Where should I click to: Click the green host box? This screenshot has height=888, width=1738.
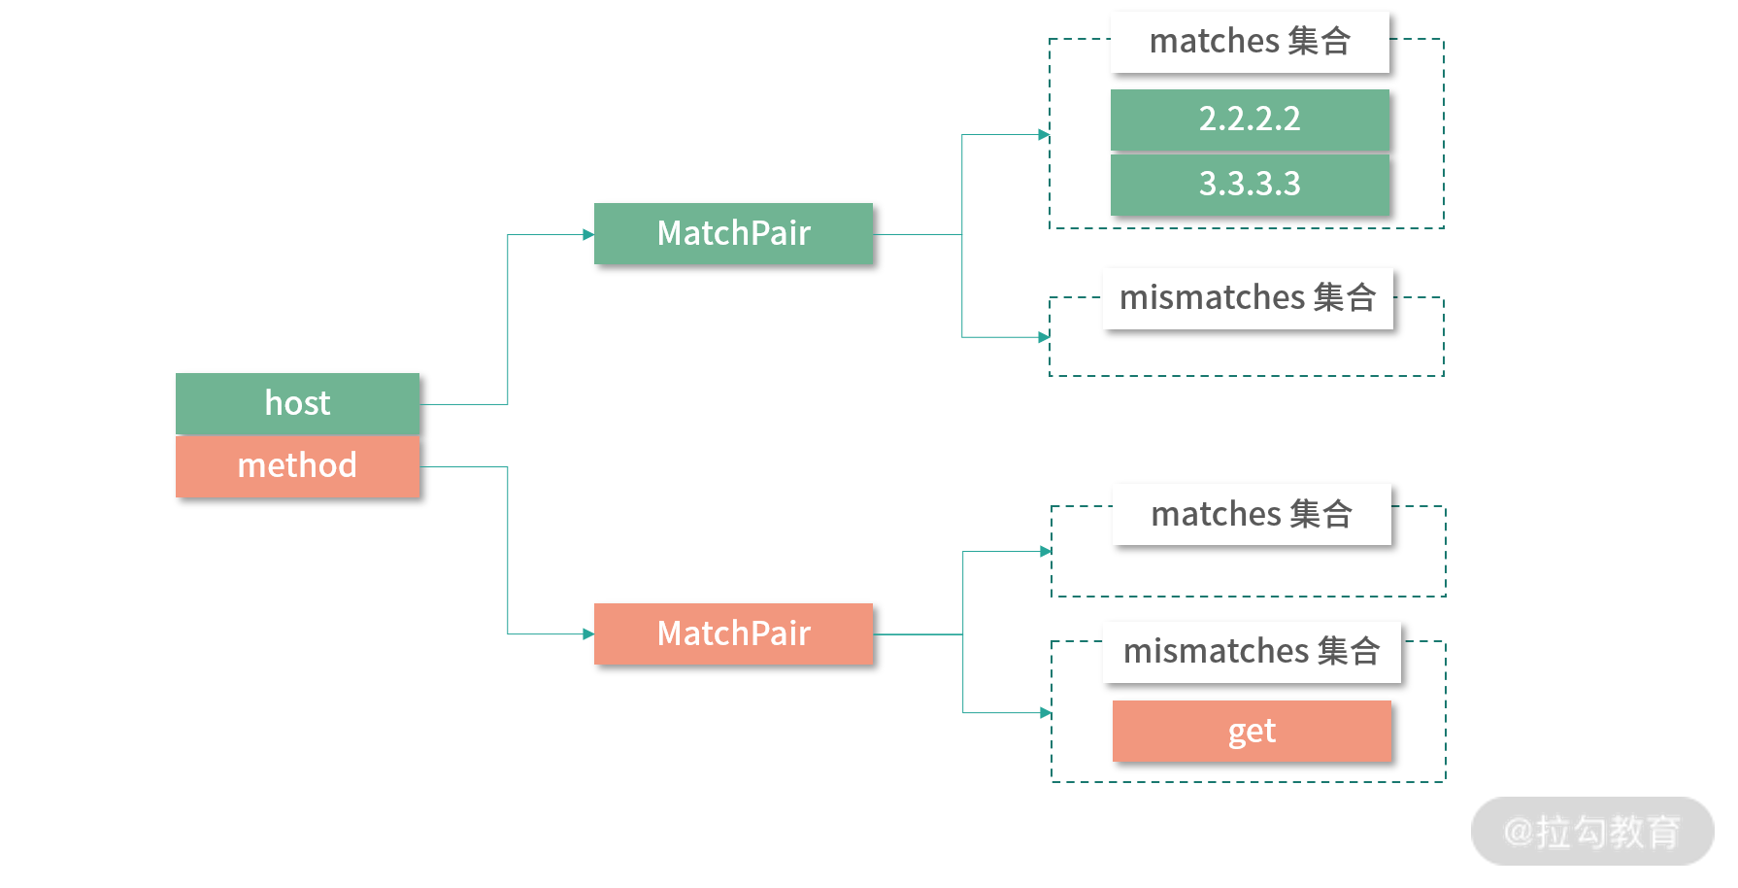tap(297, 403)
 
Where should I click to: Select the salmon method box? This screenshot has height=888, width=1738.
tap(297, 466)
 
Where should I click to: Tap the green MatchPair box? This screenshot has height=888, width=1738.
tap(733, 233)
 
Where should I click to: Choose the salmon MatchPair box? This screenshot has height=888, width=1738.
tap(733, 633)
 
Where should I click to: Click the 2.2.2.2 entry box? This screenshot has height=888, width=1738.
tap(1250, 120)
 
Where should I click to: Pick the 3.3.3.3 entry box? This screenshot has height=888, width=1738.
tap(1250, 185)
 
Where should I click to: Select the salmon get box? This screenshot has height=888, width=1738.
tap(1252, 731)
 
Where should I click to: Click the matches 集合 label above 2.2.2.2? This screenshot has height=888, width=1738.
tap(1250, 42)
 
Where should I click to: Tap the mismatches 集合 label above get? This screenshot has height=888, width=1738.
tap(1252, 652)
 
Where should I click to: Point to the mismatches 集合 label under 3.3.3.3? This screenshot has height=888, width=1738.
tap(1248, 298)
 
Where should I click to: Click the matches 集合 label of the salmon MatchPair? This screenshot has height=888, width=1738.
tap(1252, 514)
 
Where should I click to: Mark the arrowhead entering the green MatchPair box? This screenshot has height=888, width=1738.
tap(588, 234)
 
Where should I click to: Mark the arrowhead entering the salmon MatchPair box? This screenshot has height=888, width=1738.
tap(588, 634)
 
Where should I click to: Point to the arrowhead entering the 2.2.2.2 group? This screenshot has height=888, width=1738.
tap(1044, 135)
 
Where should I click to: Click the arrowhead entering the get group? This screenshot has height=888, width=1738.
tap(1046, 713)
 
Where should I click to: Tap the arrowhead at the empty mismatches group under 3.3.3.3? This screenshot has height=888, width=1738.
tap(1044, 337)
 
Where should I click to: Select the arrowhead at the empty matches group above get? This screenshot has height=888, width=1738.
tap(1046, 551)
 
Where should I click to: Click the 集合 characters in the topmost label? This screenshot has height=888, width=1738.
tap(1320, 42)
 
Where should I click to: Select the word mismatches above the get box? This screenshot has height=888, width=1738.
tap(1216, 652)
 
